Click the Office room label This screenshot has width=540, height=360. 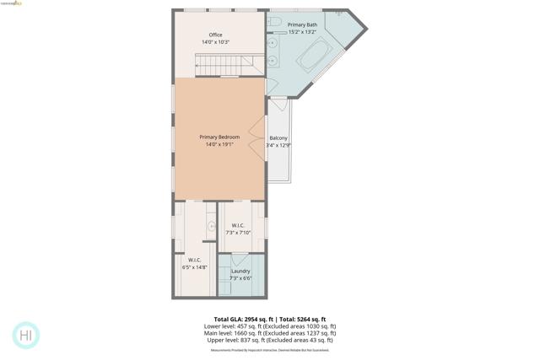point(216,35)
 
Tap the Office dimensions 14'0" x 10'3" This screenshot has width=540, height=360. point(216,42)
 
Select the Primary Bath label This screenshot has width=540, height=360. point(302,25)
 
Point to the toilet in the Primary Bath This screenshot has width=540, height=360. point(275,21)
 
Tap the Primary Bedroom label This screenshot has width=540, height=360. point(219,137)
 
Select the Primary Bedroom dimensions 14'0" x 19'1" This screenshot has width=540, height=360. point(219,144)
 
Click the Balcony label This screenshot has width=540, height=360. point(278,137)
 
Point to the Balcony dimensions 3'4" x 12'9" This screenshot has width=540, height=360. point(278,145)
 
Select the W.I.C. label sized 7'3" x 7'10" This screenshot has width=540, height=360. point(238,225)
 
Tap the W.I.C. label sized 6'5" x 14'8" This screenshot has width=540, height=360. point(194,260)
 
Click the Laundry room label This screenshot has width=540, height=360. point(240,271)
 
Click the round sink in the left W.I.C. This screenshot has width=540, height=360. point(212,227)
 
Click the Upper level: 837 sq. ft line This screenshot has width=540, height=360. point(269,340)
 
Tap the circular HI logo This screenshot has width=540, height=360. point(26,335)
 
